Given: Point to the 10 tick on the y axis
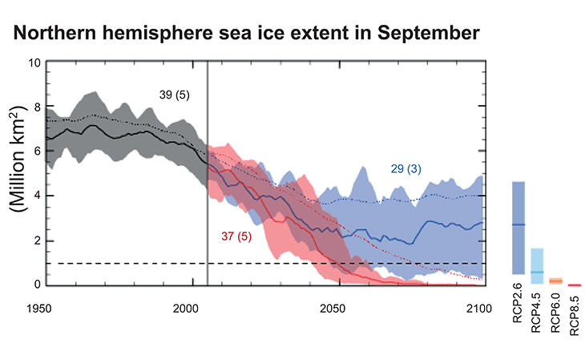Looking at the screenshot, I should pos(33,62).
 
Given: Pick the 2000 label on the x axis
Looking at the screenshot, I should pos(192,309).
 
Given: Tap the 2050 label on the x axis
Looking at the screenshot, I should pos(337,309).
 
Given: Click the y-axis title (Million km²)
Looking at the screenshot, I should pos(16,174).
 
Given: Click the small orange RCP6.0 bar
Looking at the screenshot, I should pos(555,281).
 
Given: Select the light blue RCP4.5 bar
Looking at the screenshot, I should pos(536,265).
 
